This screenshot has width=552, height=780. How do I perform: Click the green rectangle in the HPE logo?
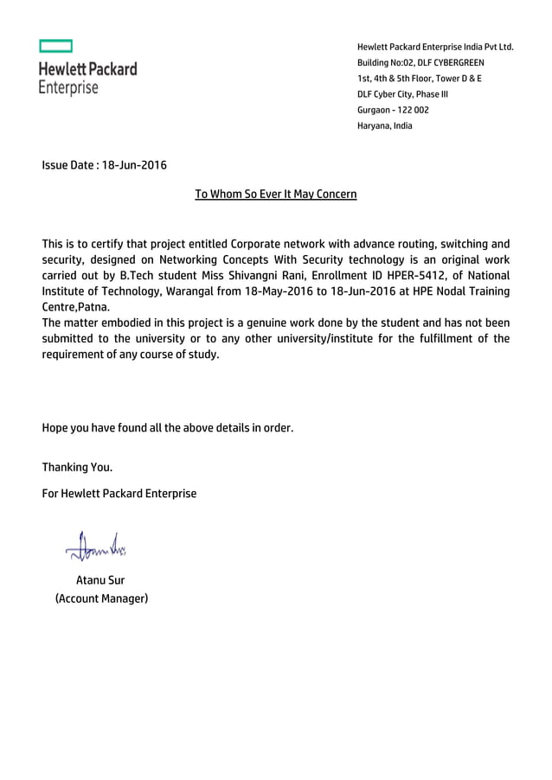pyautogui.click(x=55, y=46)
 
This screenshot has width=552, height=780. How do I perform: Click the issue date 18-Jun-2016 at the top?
pyautogui.click(x=134, y=165)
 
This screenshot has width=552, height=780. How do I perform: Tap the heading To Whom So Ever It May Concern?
pyautogui.click(x=276, y=195)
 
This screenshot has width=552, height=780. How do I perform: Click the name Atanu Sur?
pyautogui.click(x=100, y=580)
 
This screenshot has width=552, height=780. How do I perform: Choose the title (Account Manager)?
pyautogui.click(x=101, y=598)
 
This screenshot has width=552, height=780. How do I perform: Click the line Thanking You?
pyautogui.click(x=77, y=468)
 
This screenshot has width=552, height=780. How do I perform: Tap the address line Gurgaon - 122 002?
pyautogui.click(x=393, y=110)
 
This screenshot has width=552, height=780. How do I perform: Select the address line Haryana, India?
pyautogui.click(x=384, y=125)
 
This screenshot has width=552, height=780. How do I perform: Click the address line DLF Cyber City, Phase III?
pyautogui.click(x=402, y=94)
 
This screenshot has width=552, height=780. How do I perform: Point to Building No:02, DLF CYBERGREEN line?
pyautogui.click(x=420, y=63)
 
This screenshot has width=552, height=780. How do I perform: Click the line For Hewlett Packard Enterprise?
pyautogui.click(x=119, y=494)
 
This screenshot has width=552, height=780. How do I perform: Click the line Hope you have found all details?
pyautogui.click(x=168, y=427)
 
